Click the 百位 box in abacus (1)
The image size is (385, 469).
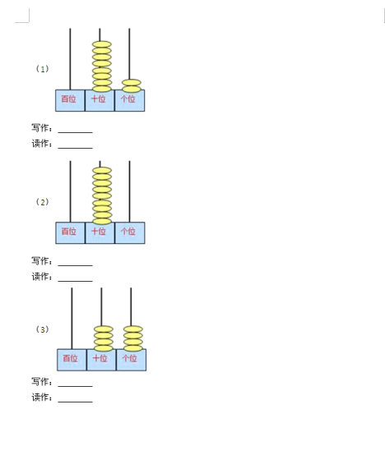(70, 100)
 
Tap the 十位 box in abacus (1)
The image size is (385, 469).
(100, 100)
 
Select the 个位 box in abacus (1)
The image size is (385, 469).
(130, 100)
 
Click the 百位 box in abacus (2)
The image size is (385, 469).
(71, 233)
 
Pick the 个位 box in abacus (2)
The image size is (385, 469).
(130, 233)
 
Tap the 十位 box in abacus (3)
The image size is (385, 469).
(101, 360)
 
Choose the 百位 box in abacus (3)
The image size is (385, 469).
(72, 360)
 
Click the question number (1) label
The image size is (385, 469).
(42, 69)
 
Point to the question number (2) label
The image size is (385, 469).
(42, 202)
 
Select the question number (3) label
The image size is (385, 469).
(42, 329)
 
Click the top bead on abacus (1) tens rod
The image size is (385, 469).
(102, 44)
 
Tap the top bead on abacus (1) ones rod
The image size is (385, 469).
(132, 82)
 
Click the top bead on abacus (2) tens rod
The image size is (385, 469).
(102, 171)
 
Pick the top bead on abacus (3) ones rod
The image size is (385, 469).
(133, 329)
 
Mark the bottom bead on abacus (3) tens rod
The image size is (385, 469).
(104, 348)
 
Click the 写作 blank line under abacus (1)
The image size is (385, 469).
(75, 132)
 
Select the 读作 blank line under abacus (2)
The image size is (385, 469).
(75, 281)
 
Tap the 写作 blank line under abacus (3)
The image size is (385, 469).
(75, 386)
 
